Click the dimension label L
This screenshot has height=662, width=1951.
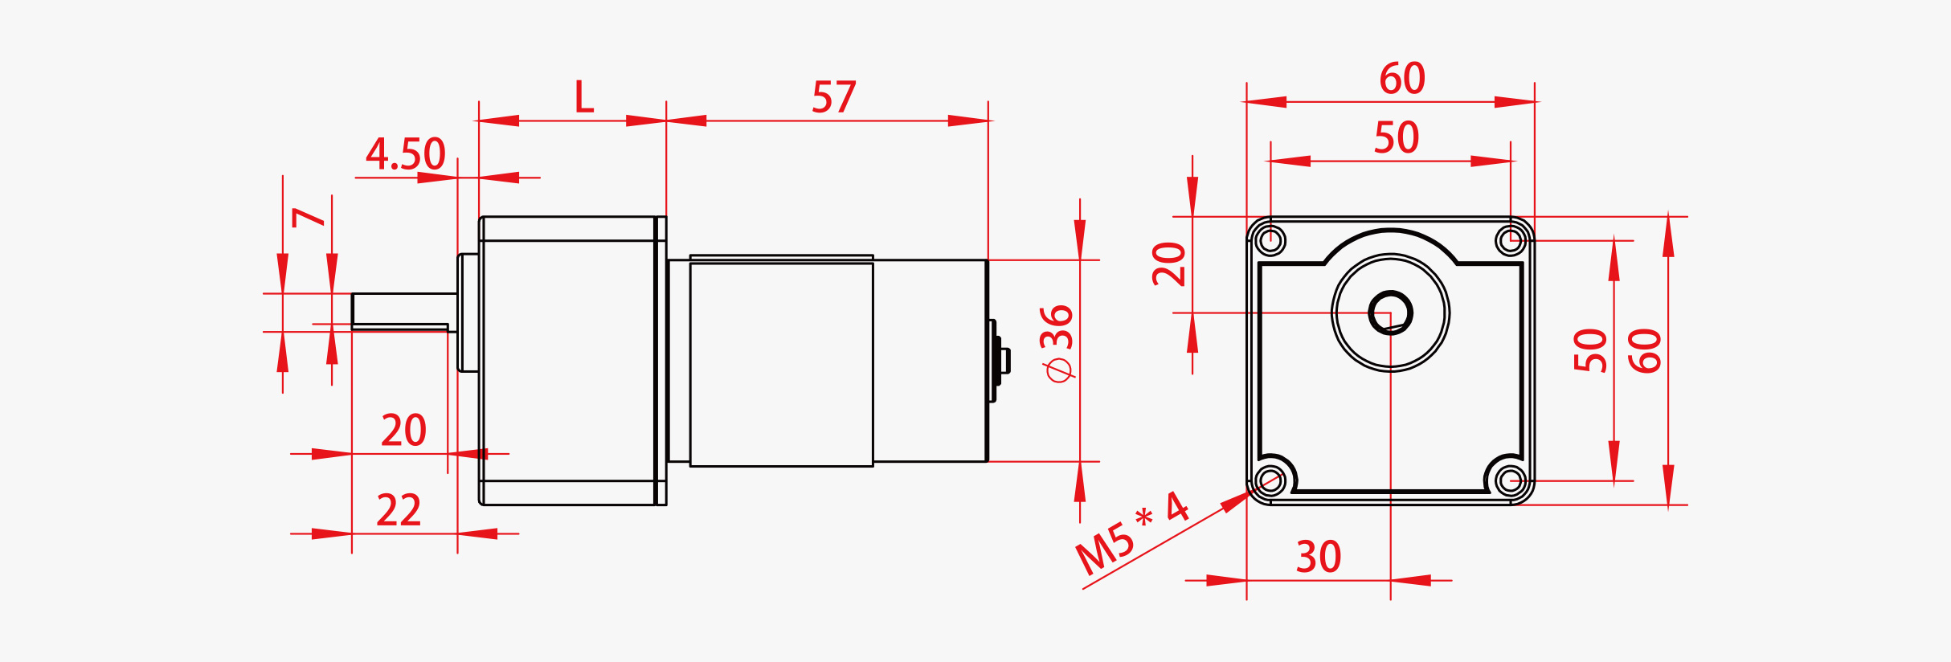583,97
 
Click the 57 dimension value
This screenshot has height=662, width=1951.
833,98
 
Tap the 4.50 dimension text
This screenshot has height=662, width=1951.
405,154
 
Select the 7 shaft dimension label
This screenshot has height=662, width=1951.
309,218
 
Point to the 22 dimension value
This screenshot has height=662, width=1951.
399,511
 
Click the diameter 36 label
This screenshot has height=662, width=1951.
1057,343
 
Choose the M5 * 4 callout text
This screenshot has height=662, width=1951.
1131,534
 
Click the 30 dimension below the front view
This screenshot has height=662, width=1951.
1318,557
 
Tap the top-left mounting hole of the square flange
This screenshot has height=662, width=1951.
1270,239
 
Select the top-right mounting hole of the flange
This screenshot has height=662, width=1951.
1511,239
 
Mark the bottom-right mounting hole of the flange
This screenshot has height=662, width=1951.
1511,481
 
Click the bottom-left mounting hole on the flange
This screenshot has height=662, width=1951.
1270,481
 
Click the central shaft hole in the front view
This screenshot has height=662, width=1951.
1390,313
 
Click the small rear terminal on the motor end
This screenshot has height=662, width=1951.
1001,361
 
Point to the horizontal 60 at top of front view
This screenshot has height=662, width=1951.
1401,79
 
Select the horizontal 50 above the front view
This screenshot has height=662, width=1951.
1396,138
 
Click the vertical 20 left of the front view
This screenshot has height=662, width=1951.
1169,264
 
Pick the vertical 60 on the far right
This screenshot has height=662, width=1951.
1645,350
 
